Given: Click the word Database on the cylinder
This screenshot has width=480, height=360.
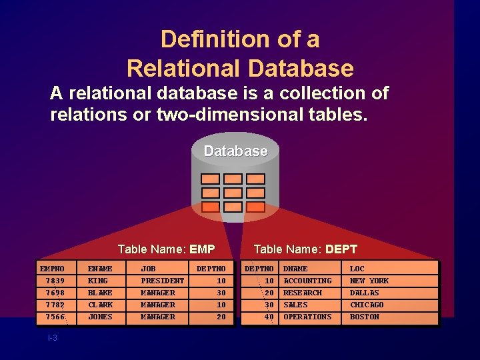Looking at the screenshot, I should pyautogui.click(x=235, y=151).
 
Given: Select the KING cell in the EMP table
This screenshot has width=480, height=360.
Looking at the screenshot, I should pyautogui.click(x=98, y=281).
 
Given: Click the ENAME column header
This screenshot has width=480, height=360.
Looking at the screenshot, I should pyautogui.click(x=100, y=269).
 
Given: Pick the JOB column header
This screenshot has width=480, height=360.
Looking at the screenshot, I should pyautogui.click(x=148, y=269).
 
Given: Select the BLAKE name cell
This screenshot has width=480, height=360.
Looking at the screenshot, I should pyautogui.click(x=100, y=293).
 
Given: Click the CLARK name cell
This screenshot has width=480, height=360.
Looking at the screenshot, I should pyautogui.click(x=100, y=305).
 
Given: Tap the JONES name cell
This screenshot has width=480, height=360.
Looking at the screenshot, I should pyautogui.click(x=100, y=317).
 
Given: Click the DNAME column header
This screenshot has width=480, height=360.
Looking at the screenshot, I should pyautogui.click(x=295, y=269).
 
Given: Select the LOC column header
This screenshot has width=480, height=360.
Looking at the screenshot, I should pyautogui.click(x=357, y=269).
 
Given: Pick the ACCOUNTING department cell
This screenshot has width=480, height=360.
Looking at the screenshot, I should pyautogui.click(x=307, y=281).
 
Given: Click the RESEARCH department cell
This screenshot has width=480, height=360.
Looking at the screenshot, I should pyautogui.click(x=303, y=293).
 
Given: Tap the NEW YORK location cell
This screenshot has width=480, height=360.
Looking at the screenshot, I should pyautogui.click(x=369, y=281).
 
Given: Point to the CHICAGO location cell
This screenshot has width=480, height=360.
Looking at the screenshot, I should pyautogui.click(x=367, y=305).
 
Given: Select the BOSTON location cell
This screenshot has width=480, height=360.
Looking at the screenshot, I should pyautogui.click(x=364, y=317).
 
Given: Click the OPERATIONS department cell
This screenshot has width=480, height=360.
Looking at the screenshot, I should pyautogui.click(x=307, y=317).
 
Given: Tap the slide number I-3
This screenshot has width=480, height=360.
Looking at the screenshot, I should pyautogui.click(x=53, y=338).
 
